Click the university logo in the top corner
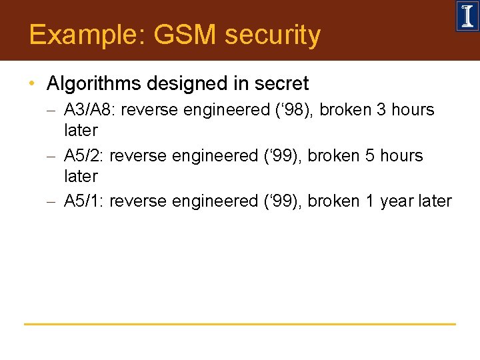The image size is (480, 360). [467, 16]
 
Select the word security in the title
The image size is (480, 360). [273, 35]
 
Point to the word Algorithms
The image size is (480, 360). [93, 84]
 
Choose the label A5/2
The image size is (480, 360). [84, 156]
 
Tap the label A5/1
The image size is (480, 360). [84, 201]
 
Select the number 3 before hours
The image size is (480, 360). [381, 110]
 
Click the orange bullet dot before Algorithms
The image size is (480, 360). [31, 84]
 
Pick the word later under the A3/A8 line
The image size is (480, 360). [81, 130]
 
